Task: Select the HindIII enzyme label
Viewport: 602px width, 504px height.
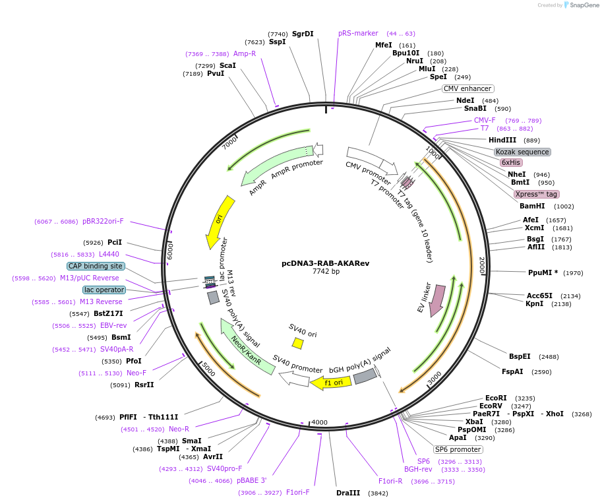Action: pos(502,140)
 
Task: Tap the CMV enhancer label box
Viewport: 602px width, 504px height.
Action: pos(467,88)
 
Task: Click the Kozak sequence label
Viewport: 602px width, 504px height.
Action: pos(522,152)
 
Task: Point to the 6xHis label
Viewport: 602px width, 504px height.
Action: pos(510,162)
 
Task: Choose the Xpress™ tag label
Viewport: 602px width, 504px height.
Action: pos(536,194)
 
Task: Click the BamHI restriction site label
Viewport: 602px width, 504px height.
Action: pos(532,206)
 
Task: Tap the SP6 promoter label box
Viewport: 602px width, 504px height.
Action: pos(458,449)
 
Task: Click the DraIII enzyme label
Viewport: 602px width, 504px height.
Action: pos(348,493)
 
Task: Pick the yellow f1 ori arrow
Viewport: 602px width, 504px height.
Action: pos(331,382)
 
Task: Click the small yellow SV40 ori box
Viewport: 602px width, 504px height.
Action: pos(298,343)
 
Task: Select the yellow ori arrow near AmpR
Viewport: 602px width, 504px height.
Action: pos(220,222)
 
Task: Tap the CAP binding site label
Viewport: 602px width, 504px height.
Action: pos(96,266)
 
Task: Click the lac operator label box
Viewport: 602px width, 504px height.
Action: pos(104,290)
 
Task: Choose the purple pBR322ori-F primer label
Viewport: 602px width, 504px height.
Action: pos(103,221)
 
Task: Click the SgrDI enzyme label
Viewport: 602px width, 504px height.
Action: pos(303,34)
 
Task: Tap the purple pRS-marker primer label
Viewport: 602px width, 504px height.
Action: pos(358,33)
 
